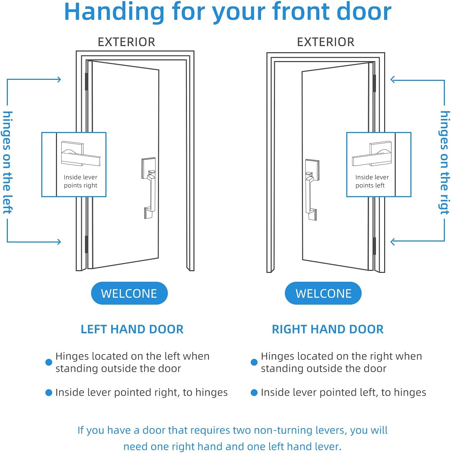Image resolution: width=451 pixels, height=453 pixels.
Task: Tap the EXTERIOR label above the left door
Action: (126, 42)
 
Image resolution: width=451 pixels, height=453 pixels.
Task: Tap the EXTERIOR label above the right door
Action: (325, 42)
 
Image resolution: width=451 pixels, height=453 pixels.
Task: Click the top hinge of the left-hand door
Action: (86, 82)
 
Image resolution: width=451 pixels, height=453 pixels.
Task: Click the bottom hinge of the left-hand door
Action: (86, 244)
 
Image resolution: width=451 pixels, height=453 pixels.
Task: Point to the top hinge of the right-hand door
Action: (374, 83)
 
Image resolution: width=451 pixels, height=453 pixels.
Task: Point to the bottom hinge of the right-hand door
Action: (374, 246)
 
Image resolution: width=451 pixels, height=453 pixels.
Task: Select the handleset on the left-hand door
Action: (149, 188)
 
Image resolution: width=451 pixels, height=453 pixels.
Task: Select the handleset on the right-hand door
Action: (311, 189)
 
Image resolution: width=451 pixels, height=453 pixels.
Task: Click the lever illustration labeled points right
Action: (81, 155)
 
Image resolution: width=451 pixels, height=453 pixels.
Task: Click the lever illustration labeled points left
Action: (372, 155)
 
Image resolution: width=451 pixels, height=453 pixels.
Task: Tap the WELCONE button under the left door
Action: (129, 293)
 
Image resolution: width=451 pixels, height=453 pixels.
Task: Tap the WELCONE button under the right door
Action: (323, 293)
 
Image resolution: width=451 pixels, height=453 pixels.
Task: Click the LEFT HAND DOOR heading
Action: (132, 329)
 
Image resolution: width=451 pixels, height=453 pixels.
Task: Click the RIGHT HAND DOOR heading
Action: (328, 329)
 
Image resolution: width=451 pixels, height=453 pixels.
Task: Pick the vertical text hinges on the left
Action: (8, 162)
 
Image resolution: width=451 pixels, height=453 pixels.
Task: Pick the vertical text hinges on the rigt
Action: (444, 162)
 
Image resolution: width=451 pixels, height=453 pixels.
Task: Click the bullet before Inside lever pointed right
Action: (49, 393)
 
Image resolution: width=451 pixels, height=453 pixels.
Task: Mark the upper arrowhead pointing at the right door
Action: (393, 80)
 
